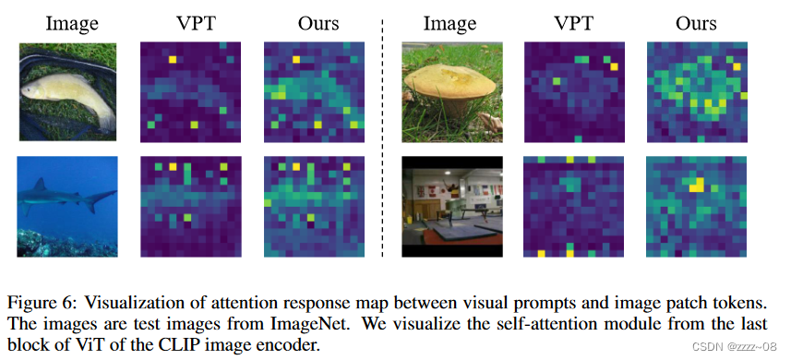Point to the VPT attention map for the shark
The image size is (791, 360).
click(x=191, y=207)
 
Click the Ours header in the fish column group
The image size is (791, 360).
click(x=313, y=21)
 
